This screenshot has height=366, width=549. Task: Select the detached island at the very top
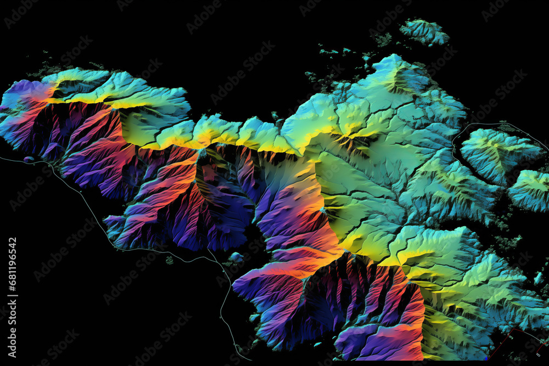[x=424, y=31]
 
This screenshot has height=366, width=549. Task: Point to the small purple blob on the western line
[x=29, y=160]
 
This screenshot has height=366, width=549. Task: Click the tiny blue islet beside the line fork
[x=236, y=257]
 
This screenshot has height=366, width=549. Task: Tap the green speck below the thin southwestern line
[x=169, y=260]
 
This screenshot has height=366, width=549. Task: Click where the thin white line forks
[x=207, y=251]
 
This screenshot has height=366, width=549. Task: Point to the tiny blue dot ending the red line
[x=486, y=358]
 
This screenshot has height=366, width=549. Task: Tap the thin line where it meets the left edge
[x=2, y=157]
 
